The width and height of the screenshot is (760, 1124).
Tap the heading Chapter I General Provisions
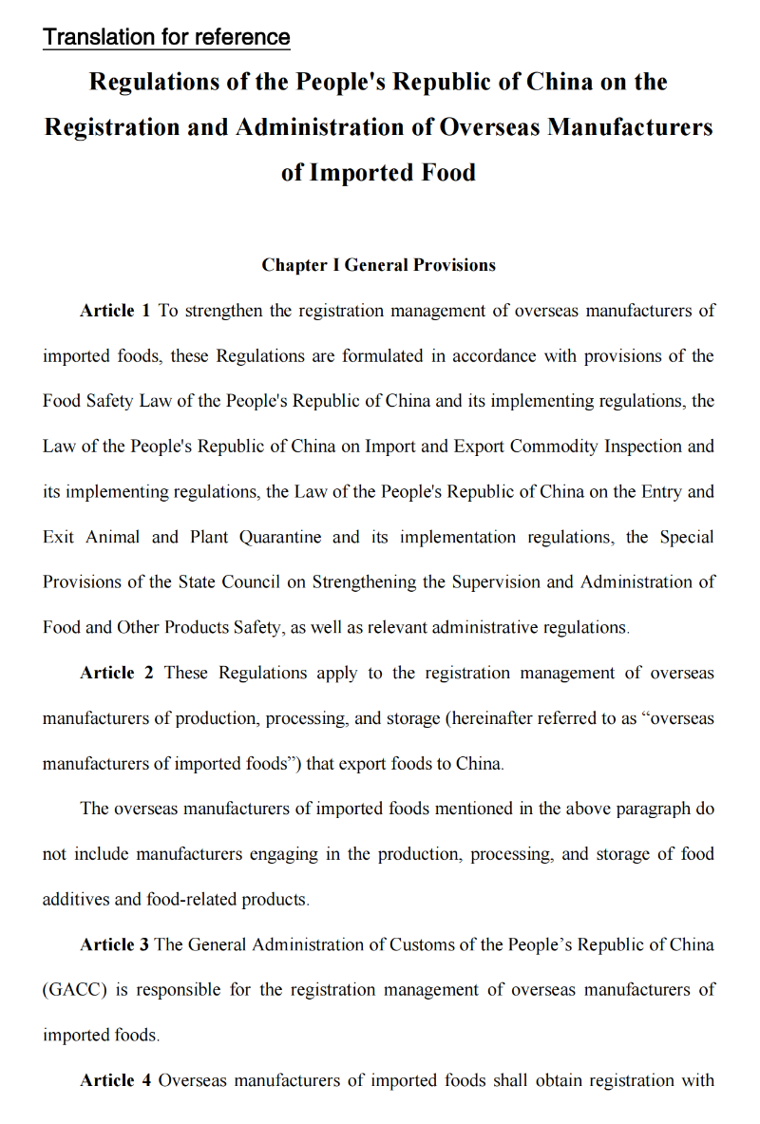[x=378, y=265]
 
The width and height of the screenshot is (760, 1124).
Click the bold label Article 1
[x=115, y=311]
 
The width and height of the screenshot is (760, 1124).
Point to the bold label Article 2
[x=117, y=673]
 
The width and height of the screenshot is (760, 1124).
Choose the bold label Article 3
[x=115, y=944]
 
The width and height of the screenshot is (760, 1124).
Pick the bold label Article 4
[x=115, y=1080]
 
